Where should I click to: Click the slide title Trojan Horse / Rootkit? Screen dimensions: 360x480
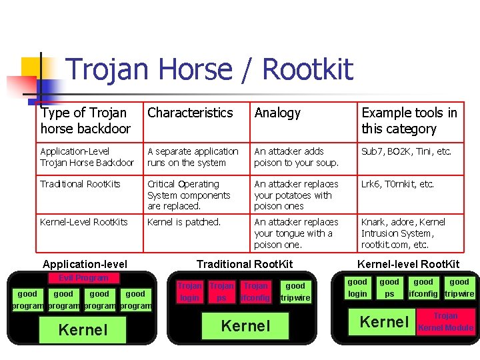click(x=209, y=69)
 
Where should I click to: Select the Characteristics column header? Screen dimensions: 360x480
click(x=190, y=113)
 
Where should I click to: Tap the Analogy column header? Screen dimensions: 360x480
click(x=277, y=113)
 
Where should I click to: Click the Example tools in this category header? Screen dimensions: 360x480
click(x=409, y=121)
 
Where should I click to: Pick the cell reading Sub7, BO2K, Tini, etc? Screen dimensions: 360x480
click(x=406, y=151)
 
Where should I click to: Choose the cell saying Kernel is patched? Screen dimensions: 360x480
click(x=183, y=222)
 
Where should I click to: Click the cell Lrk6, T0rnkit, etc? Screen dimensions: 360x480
click(x=397, y=184)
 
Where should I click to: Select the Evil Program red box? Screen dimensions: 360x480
click(x=83, y=278)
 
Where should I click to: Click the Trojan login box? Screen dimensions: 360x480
click(x=189, y=292)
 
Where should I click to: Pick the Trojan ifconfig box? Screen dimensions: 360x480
click(x=255, y=292)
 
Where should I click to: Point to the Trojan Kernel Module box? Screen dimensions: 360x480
click(x=445, y=322)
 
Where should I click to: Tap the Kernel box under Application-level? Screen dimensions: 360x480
click(x=83, y=329)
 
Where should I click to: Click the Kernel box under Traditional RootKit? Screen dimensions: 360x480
click(x=246, y=326)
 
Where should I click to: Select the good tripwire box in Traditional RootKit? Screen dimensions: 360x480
click(x=295, y=292)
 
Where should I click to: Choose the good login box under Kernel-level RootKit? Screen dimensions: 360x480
click(x=357, y=288)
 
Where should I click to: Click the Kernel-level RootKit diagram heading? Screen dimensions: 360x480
click(x=409, y=264)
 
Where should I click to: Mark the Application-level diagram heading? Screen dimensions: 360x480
click(x=85, y=265)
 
